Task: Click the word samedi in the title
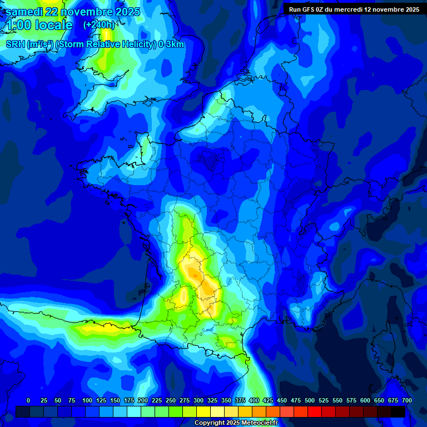(24, 12)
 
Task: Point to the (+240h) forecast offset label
(99, 24)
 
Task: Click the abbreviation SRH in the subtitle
(15, 44)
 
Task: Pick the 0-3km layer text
(171, 44)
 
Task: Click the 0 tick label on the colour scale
(28, 400)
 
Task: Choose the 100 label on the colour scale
(87, 400)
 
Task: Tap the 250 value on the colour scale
(171, 400)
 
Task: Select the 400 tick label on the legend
(254, 400)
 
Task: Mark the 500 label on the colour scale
(310, 400)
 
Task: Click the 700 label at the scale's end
(406, 400)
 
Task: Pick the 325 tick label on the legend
(212, 400)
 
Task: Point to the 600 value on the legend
(365, 400)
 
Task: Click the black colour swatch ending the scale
(398, 411)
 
